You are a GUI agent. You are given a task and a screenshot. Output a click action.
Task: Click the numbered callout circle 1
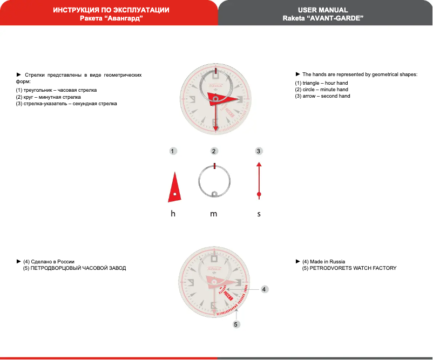172,151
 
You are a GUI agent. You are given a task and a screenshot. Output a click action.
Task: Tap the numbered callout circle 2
214,151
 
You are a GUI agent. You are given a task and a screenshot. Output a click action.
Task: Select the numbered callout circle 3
259,151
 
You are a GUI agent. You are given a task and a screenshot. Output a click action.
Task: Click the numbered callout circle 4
264,289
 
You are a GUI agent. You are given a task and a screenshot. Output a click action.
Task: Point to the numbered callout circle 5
236,324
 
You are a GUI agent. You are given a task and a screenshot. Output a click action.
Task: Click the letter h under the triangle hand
173,214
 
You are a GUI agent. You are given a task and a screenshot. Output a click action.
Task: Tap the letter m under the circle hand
214,214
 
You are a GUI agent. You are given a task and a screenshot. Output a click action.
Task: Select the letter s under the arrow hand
259,214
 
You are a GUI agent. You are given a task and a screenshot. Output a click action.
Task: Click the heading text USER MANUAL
323,10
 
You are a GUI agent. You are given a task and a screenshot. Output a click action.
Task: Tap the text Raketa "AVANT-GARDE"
323,18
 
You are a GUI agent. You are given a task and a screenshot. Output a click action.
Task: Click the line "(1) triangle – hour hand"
321,83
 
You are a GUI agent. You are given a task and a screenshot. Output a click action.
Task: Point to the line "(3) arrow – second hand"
322,96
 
